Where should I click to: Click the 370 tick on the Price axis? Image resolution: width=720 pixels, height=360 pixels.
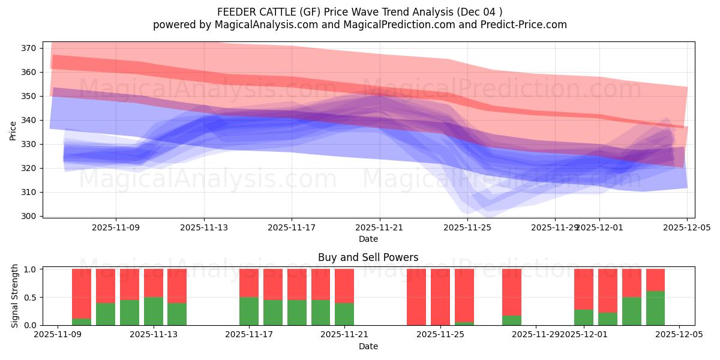click(31, 48)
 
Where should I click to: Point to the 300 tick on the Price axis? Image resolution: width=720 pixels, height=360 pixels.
click(31, 216)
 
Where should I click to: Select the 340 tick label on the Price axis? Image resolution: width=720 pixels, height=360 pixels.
click(31, 120)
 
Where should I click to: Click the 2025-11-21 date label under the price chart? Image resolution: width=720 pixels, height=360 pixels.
click(380, 227)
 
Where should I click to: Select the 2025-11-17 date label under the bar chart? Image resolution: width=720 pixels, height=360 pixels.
click(249, 335)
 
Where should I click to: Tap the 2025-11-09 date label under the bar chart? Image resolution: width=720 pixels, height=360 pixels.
click(58, 335)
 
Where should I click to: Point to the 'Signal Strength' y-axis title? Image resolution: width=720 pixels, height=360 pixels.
click(15, 296)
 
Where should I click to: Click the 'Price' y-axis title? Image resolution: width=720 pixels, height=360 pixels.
click(13, 130)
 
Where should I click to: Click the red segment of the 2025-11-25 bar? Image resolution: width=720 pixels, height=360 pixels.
click(440, 296)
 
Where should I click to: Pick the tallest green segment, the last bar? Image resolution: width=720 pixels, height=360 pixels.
click(655, 308)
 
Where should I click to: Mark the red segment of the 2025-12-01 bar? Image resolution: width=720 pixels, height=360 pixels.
click(583, 289)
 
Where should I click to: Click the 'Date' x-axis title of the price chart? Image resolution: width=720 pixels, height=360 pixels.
click(368, 239)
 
